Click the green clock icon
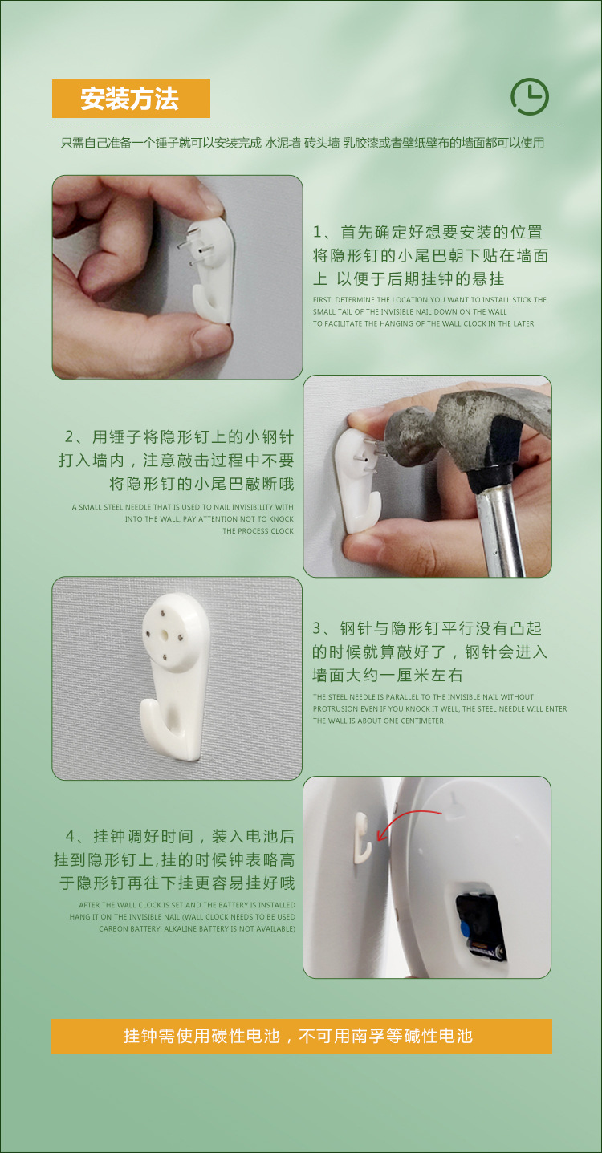coord(530,96)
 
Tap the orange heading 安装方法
coord(131,99)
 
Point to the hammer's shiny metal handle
coord(498,530)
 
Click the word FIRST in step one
coord(322,299)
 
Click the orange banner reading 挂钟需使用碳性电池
coord(302,1036)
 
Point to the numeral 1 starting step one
coord(317,232)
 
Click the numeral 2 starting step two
coord(69,437)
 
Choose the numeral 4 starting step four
coord(70,836)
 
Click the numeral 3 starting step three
coord(317,628)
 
